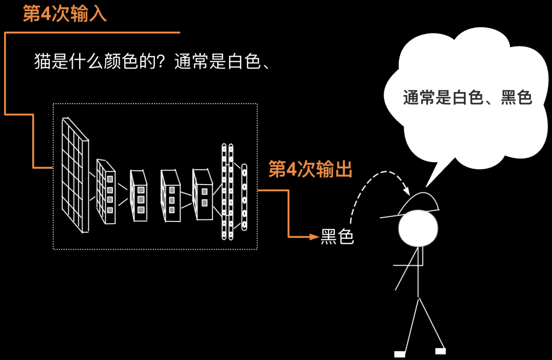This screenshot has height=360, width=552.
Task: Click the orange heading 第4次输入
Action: (65, 14)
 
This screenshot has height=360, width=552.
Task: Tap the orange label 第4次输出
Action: (310, 170)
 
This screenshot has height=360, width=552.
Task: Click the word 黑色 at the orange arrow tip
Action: (337, 236)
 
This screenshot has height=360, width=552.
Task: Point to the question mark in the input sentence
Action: (165, 62)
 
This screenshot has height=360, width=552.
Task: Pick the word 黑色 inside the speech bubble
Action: (516, 97)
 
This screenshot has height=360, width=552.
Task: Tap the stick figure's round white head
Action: (419, 228)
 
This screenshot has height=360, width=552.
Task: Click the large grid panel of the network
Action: (75, 174)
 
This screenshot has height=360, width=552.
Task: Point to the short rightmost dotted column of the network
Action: (244, 196)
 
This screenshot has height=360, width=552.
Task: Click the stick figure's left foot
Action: (400, 354)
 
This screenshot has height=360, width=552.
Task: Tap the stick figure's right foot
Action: (440, 351)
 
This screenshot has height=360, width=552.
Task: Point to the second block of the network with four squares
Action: (106, 192)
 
